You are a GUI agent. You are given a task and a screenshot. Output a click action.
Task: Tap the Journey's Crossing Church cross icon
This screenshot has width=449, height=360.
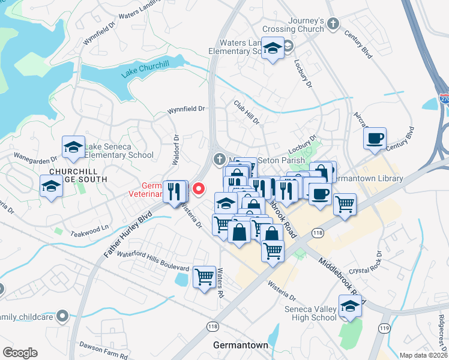(x=333, y=25)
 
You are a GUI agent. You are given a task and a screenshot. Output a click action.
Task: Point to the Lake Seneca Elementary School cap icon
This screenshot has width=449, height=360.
(x=73, y=147)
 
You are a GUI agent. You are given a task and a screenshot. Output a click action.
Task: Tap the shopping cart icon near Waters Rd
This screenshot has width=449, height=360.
(x=205, y=277)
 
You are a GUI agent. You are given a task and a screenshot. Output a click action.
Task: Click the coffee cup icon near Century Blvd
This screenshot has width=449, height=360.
(x=375, y=138)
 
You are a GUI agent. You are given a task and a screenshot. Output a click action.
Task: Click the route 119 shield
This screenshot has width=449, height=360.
(x=384, y=329)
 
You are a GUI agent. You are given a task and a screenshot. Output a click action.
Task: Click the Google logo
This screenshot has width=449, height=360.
(x=20, y=353)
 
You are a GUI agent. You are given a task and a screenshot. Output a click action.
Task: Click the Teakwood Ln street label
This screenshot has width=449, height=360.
(x=90, y=228)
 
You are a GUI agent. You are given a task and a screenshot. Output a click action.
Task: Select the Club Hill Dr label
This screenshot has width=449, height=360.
(x=247, y=112)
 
